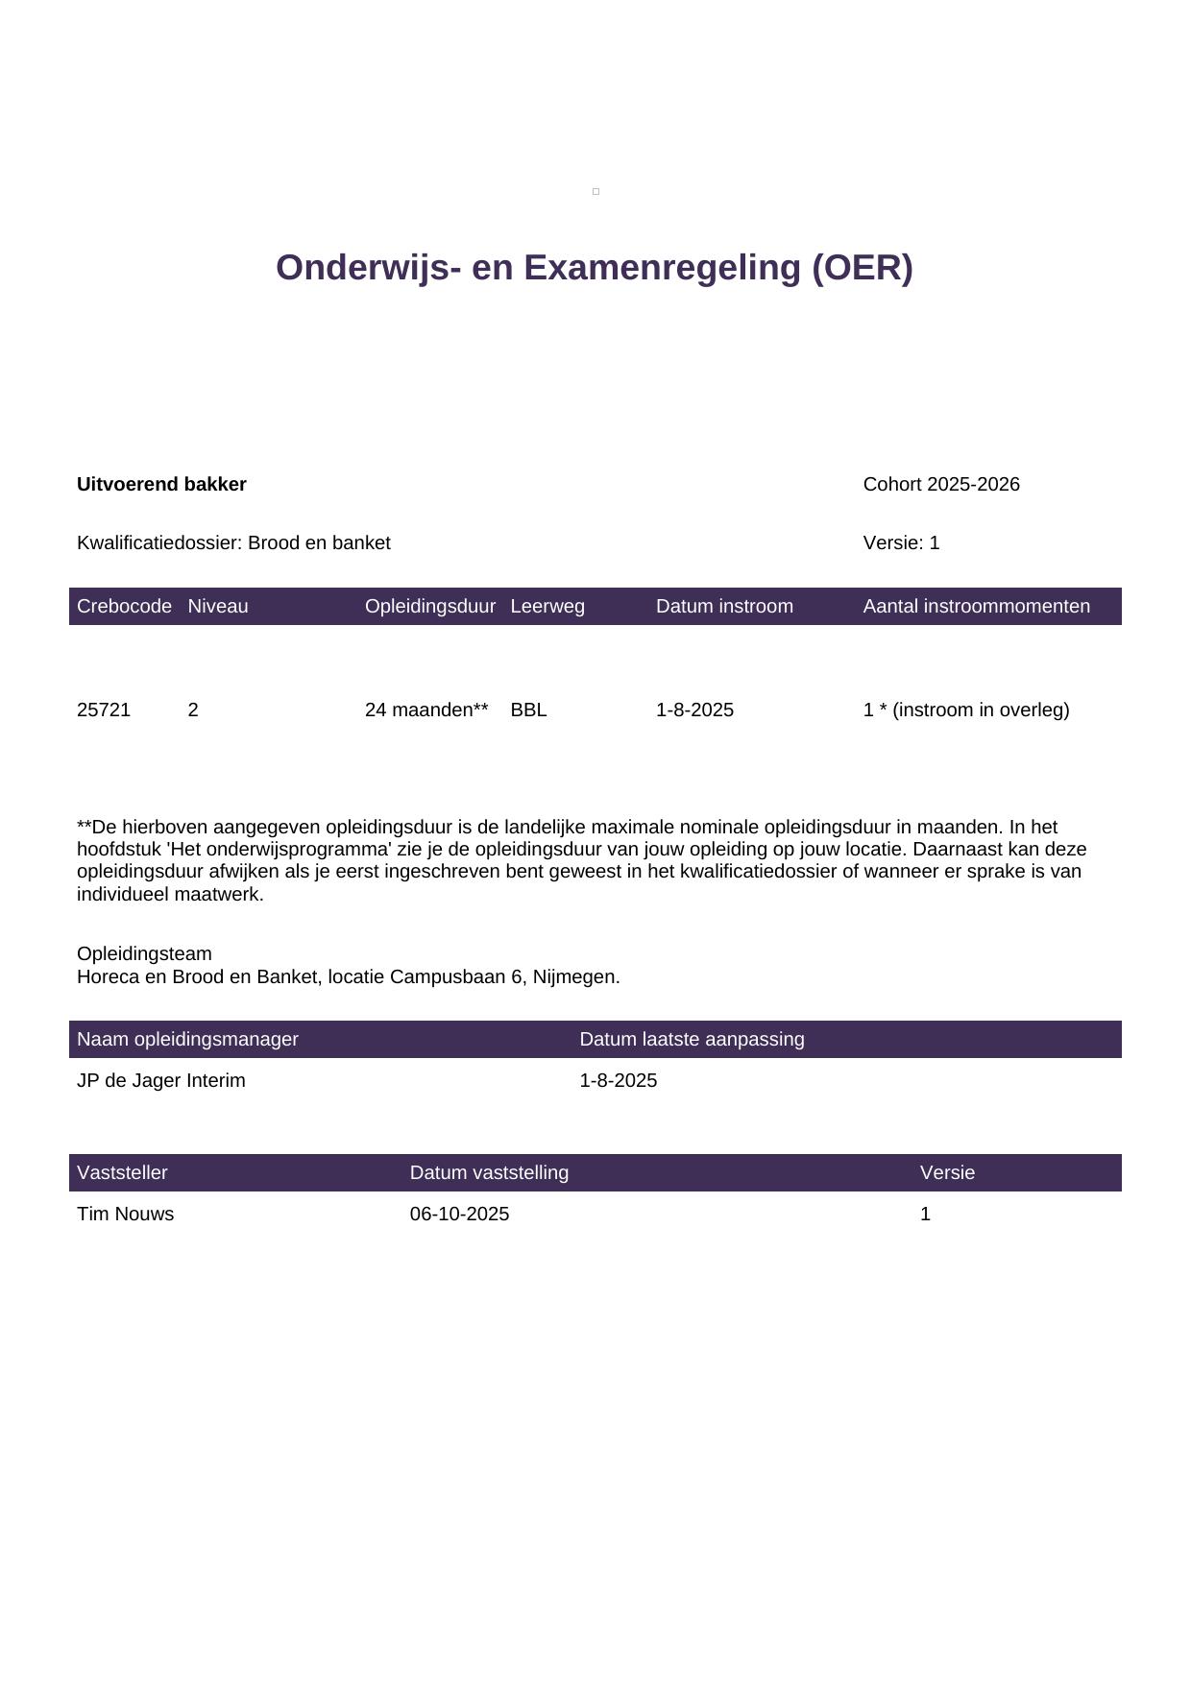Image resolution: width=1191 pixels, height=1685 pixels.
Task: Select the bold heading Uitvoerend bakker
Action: (x=161, y=485)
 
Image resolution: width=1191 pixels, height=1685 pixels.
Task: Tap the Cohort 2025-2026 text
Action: (x=940, y=485)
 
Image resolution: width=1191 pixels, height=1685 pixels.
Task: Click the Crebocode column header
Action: (x=124, y=607)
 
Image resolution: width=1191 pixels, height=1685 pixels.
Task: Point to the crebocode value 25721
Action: (x=104, y=710)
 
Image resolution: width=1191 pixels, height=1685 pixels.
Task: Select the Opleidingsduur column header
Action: (x=429, y=607)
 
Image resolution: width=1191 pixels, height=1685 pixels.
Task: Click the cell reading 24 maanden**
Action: (x=426, y=710)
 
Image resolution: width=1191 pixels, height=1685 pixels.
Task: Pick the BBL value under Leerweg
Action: (x=528, y=710)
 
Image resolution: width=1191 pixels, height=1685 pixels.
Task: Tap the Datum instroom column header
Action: (x=724, y=607)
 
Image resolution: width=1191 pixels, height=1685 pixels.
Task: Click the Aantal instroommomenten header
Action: (x=976, y=607)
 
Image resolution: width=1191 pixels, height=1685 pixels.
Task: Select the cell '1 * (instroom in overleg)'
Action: (x=965, y=710)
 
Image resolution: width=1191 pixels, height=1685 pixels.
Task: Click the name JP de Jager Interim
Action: (x=161, y=1081)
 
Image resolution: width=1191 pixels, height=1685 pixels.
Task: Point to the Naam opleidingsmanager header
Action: (x=187, y=1040)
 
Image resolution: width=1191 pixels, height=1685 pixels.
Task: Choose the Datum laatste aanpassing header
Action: (x=692, y=1040)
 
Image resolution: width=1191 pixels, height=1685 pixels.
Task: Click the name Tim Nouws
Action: (x=125, y=1215)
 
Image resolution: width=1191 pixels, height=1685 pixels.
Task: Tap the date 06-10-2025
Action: (x=459, y=1215)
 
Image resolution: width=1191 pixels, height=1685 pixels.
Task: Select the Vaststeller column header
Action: (x=122, y=1173)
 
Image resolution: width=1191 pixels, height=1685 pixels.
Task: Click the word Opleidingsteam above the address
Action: (x=144, y=954)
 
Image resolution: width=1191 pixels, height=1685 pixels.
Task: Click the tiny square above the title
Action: (x=595, y=192)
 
